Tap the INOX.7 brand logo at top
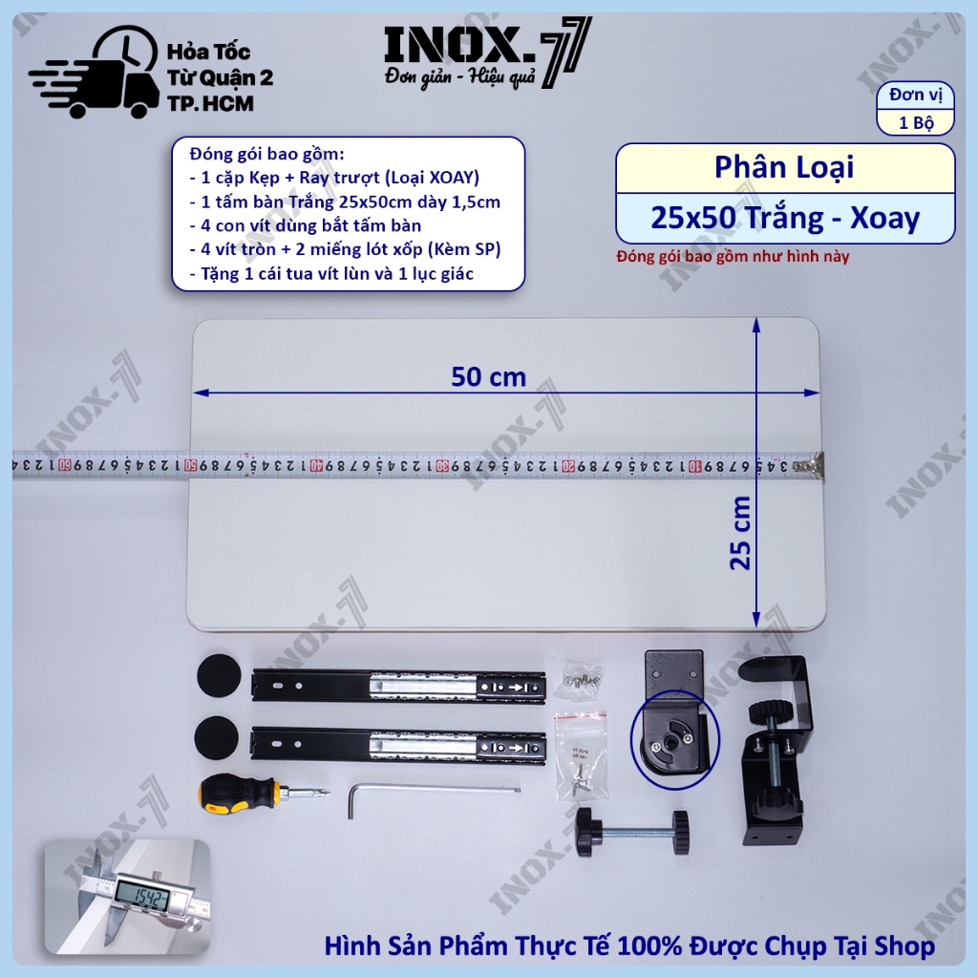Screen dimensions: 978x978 (487, 54)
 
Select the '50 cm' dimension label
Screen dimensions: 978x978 (488, 376)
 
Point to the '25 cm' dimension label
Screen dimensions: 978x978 (740, 533)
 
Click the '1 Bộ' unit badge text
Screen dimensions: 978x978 (916, 122)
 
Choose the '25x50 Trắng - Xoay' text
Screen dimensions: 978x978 (785, 218)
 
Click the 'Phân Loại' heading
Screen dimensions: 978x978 (784, 167)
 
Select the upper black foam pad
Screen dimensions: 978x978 (219, 675)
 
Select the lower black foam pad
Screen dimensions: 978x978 (217, 737)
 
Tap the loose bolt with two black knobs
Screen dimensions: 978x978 (633, 832)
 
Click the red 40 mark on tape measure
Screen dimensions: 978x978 (317, 466)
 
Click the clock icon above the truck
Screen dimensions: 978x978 (127, 50)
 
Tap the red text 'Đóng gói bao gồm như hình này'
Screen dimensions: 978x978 (733, 256)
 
